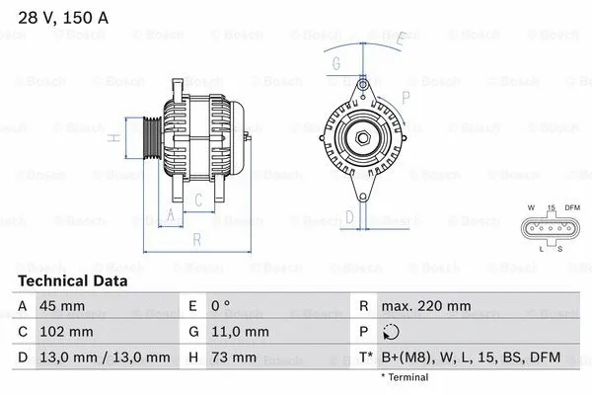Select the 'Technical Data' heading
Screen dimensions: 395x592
tap(72, 280)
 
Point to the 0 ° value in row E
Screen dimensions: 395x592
tap(220, 306)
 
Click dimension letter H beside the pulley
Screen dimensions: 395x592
tap(114, 139)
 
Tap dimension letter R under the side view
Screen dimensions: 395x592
tap(197, 239)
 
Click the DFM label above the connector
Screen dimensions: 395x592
tap(572, 207)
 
